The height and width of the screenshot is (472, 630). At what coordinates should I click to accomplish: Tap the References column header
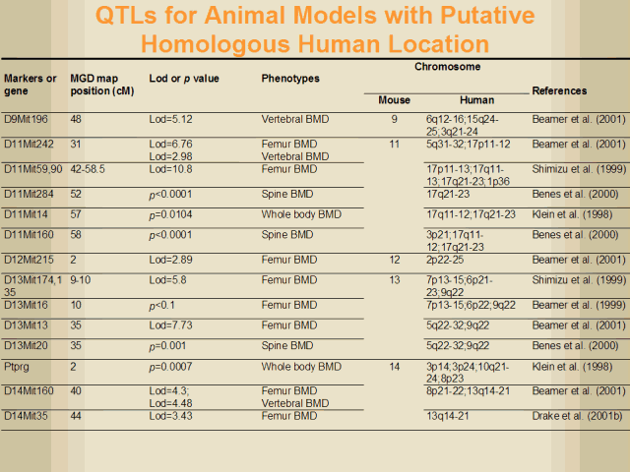point(559,90)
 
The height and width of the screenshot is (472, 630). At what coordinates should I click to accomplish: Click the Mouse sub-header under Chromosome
point(394,100)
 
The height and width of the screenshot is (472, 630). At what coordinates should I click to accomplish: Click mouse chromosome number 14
point(394,367)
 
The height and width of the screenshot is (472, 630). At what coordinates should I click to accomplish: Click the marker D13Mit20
point(27,347)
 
